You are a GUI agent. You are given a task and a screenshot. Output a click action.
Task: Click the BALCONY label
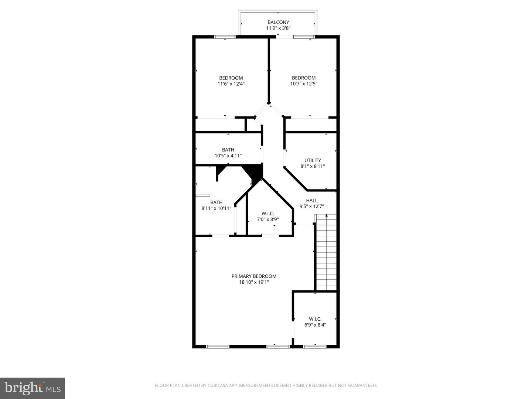pyautogui.click(x=278, y=22)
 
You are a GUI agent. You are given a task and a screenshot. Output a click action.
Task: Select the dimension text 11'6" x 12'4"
pyautogui.click(x=231, y=84)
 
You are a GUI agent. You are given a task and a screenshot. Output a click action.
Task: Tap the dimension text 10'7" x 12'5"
pyautogui.click(x=304, y=84)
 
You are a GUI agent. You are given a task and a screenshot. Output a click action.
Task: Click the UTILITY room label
pyautogui.click(x=313, y=160)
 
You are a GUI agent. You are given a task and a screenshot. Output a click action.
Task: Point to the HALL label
pyautogui.click(x=311, y=201)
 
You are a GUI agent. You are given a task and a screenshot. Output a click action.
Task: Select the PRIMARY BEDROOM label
pyautogui.click(x=254, y=276)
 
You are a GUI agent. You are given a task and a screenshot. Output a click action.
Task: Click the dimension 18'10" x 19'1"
pyautogui.click(x=254, y=282)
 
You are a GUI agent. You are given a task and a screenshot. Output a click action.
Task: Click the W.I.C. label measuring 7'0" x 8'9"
pyautogui.click(x=268, y=214)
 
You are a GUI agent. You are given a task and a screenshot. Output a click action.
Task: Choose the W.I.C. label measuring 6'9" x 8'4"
pyautogui.click(x=315, y=319)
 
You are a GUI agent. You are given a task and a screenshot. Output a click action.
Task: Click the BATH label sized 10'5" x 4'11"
pyautogui.click(x=228, y=150)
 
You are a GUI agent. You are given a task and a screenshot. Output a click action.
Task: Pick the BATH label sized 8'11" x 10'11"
pyautogui.click(x=216, y=202)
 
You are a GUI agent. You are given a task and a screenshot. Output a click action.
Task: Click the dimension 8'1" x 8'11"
pyautogui.click(x=313, y=166)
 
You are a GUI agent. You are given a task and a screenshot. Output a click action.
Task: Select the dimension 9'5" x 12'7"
pyautogui.click(x=311, y=207)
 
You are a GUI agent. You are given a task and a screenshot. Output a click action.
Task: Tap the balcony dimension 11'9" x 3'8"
pyautogui.click(x=278, y=28)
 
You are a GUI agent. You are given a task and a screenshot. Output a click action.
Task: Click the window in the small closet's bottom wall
pyautogui.click(x=315, y=347)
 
